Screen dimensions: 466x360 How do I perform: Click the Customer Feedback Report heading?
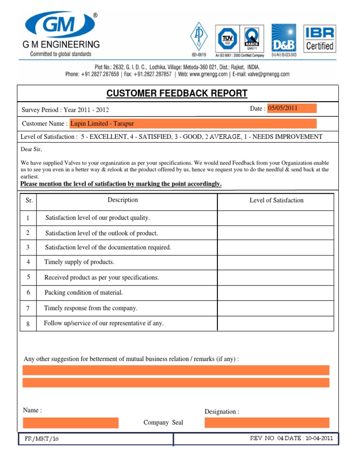(x=177, y=93)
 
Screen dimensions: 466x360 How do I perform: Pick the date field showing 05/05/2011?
(x=291, y=108)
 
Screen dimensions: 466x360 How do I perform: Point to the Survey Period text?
(x=65, y=110)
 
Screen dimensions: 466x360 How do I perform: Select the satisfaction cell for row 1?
(x=276, y=218)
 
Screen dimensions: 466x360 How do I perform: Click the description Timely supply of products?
(x=79, y=262)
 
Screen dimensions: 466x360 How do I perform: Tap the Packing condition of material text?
(x=83, y=293)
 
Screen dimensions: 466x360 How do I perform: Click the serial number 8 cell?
(x=28, y=323)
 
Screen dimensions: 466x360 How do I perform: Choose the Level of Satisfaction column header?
(x=276, y=200)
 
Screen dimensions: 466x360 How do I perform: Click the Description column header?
(x=123, y=200)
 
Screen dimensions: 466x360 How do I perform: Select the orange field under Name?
(x=70, y=423)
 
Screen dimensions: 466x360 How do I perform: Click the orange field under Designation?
(x=267, y=423)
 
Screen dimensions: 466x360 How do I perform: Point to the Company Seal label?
(x=163, y=422)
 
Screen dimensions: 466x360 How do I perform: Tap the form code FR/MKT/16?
(x=42, y=439)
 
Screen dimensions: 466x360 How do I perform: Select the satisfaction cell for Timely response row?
(x=276, y=308)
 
